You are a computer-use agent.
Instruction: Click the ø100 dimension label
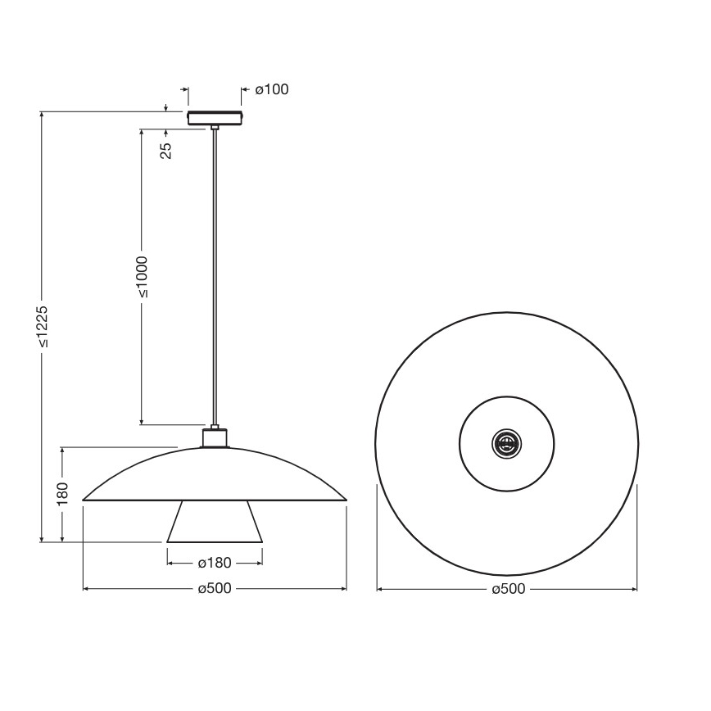[271, 90]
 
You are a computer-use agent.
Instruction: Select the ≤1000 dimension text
[142, 276]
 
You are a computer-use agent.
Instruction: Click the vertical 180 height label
[62, 495]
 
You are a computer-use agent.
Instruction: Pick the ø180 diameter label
[215, 563]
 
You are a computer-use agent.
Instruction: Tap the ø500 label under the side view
[215, 589]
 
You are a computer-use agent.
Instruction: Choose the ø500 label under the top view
[507, 589]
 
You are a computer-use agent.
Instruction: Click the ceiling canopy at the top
[215, 118]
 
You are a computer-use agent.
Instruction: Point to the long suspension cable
[215, 279]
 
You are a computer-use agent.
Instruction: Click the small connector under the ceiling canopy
[215, 127]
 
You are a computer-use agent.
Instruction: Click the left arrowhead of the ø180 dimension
[170, 563]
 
